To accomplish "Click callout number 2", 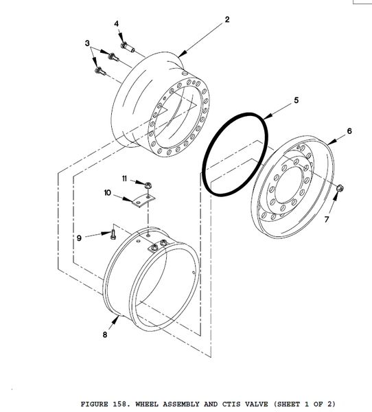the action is click(x=227, y=19).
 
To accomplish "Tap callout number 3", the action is click(x=87, y=43).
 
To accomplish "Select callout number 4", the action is click(x=116, y=23).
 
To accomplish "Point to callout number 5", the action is click(x=296, y=100).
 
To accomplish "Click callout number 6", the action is click(x=349, y=131).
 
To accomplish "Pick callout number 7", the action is click(x=327, y=219).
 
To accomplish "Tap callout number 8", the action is click(x=105, y=334).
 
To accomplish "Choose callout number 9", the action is click(x=79, y=238).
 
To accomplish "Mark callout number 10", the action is click(x=108, y=193).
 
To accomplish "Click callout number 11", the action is click(x=124, y=179).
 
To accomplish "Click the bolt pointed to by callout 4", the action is click(x=128, y=47).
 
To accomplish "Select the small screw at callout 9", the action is click(x=113, y=234).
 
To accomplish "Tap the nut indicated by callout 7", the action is click(x=340, y=188).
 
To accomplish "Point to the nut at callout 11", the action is click(x=148, y=185).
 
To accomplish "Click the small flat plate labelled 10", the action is click(x=143, y=201).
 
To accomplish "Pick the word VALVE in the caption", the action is click(x=257, y=404).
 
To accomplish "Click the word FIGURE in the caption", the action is click(x=94, y=404).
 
